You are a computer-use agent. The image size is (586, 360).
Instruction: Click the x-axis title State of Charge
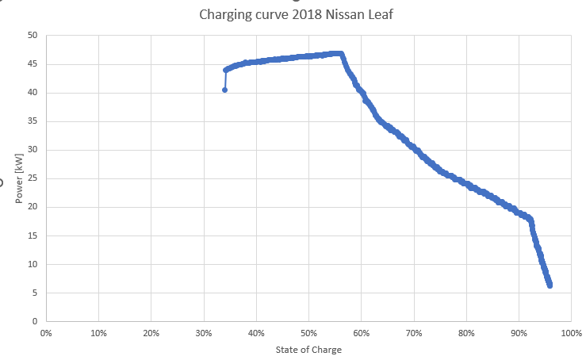[308, 350]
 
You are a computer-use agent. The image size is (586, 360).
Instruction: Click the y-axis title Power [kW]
[18, 178]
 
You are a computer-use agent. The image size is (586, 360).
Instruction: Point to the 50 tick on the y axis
[33, 36]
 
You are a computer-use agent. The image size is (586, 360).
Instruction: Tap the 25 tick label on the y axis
[33, 178]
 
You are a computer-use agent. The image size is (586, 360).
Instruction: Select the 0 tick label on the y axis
[35, 321]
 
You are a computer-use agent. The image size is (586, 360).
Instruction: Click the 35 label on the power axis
[33, 121]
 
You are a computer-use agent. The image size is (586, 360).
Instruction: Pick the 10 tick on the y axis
[33, 264]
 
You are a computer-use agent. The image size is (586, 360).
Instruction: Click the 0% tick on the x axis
[45, 333]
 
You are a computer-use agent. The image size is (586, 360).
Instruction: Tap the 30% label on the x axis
[203, 333]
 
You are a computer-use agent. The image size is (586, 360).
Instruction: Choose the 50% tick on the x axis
[308, 333]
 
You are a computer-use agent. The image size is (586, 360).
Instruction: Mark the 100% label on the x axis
[571, 333]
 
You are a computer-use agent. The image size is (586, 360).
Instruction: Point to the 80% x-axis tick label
[466, 333]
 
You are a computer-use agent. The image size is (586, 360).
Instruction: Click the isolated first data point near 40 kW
[224, 90]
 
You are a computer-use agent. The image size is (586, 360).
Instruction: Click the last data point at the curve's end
[550, 285]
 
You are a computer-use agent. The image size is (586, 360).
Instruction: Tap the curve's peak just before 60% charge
[339, 53]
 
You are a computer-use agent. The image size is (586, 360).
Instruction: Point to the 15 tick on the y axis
[33, 236]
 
